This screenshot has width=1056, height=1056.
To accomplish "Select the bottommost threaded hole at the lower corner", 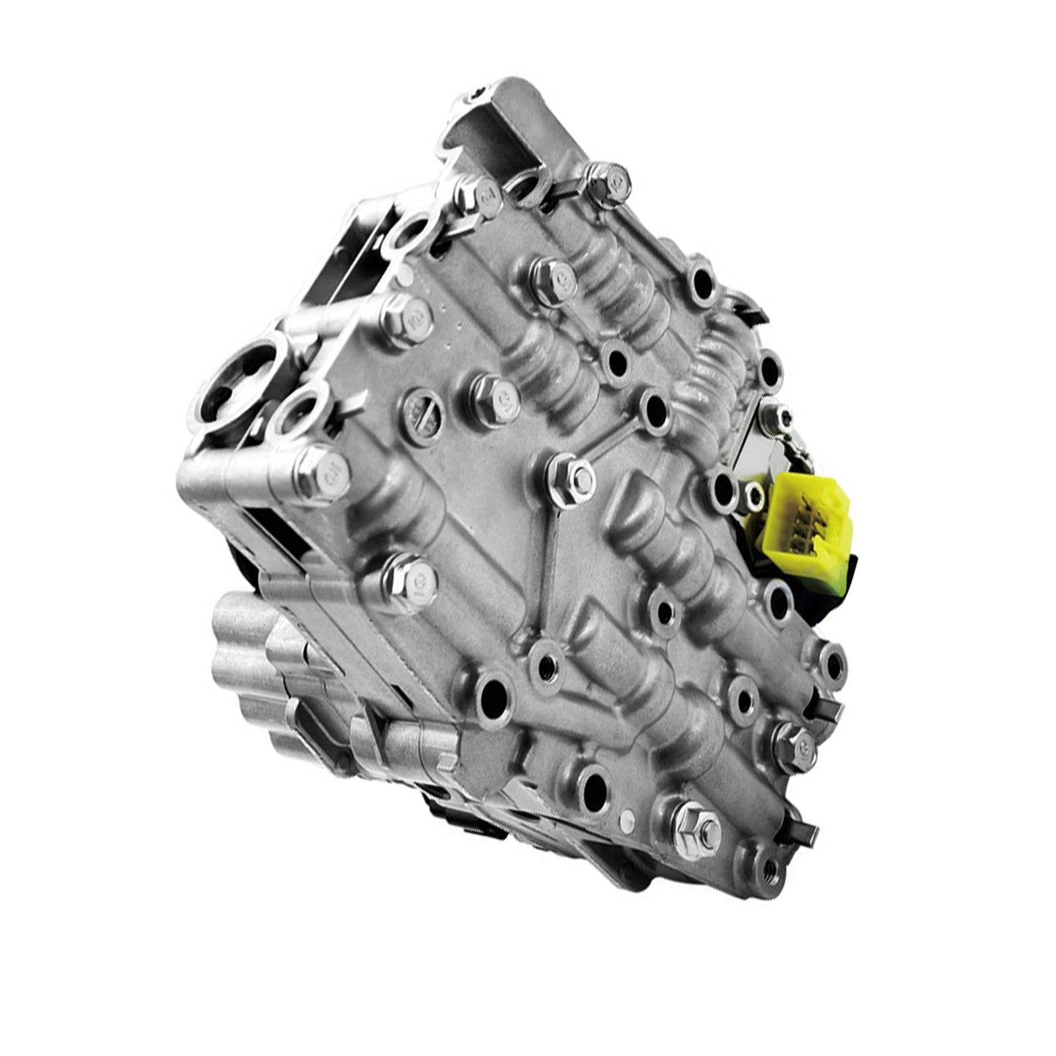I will coord(764,869).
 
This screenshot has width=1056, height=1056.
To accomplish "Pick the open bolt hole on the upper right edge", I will coord(702,280).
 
